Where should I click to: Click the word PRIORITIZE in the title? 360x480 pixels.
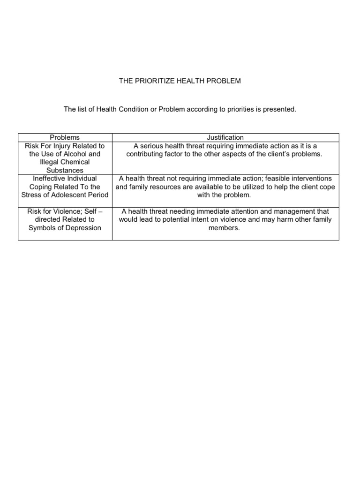(157, 81)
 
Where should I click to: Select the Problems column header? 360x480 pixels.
(65, 137)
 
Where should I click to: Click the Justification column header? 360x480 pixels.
(225, 137)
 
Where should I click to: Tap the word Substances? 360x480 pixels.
(65, 170)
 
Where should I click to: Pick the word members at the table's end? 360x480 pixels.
(225, 228)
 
